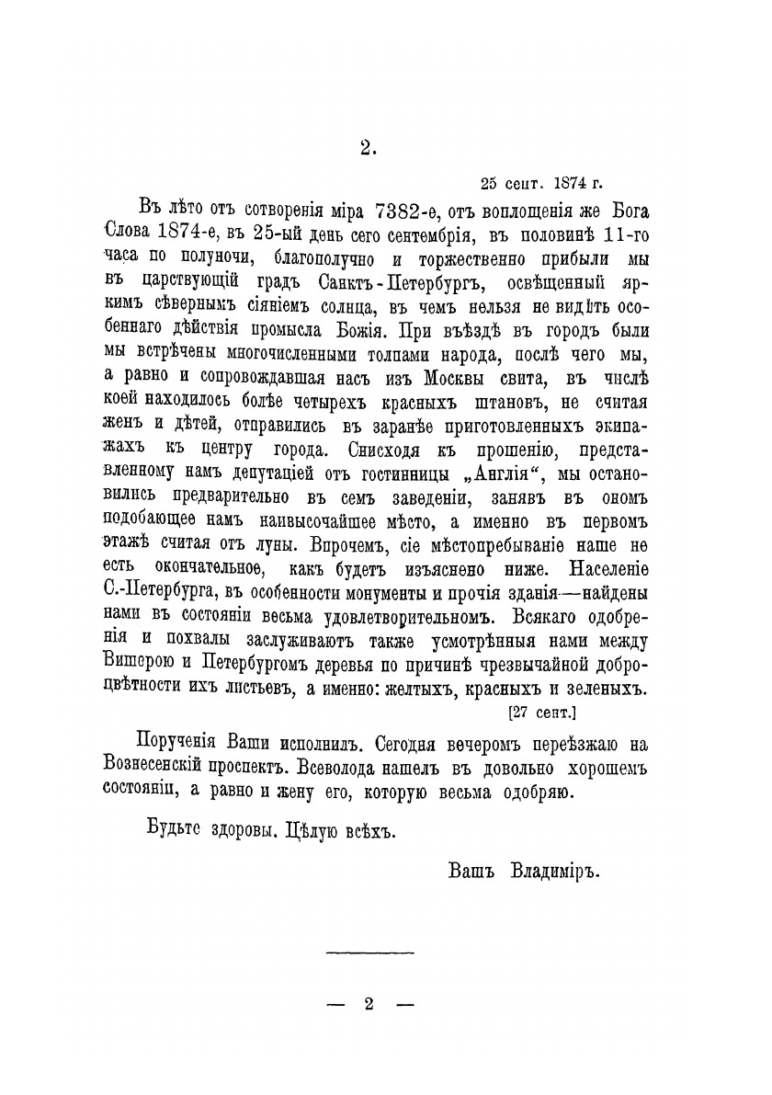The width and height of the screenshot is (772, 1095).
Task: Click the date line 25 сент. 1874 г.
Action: point(542,181)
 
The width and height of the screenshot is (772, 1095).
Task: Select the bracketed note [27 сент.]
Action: point(541,711)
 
